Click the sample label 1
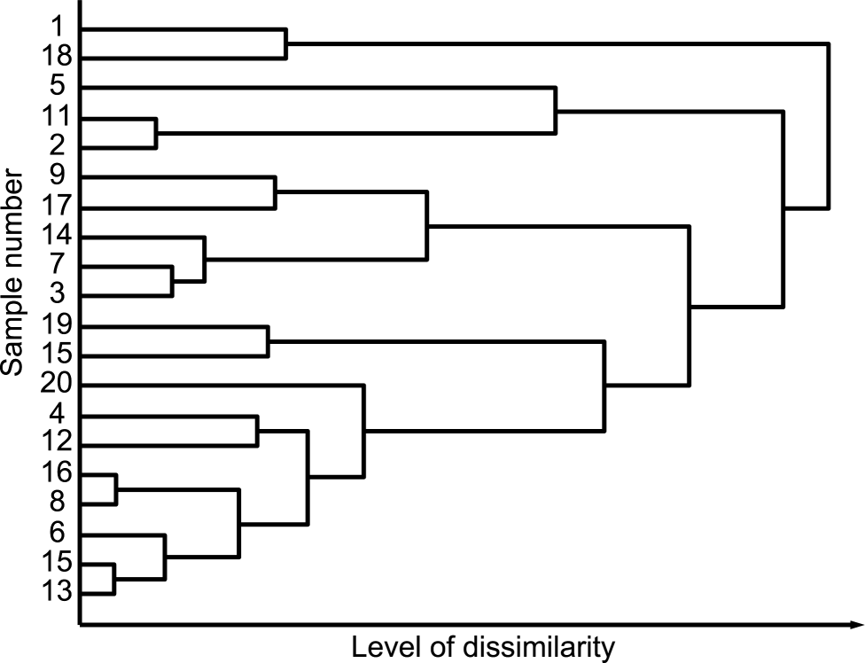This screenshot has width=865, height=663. click(58, 26)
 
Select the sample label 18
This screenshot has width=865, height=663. click(57, 56)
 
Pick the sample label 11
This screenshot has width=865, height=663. click(57, 116)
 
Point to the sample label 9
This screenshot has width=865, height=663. click(57, 175)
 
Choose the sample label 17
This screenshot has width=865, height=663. click(57, 205)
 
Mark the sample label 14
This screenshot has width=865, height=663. click(57, 235)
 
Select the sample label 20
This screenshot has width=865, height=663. click(56, 383)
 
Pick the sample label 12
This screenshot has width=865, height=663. click(57, 441)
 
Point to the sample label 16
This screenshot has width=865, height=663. click(57, 472)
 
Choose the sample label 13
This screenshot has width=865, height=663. click(57, 590)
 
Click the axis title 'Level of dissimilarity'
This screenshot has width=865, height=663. click(483, 647)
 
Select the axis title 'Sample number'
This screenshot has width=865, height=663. click(12, 273)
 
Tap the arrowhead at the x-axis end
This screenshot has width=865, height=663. click(857, 624)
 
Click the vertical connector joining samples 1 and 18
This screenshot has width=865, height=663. click(285, 43)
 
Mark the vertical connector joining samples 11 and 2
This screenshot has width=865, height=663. click(156, 133)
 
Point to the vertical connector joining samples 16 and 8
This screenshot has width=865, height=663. click(116, 488)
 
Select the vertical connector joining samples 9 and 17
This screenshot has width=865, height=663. click(276, 192)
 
